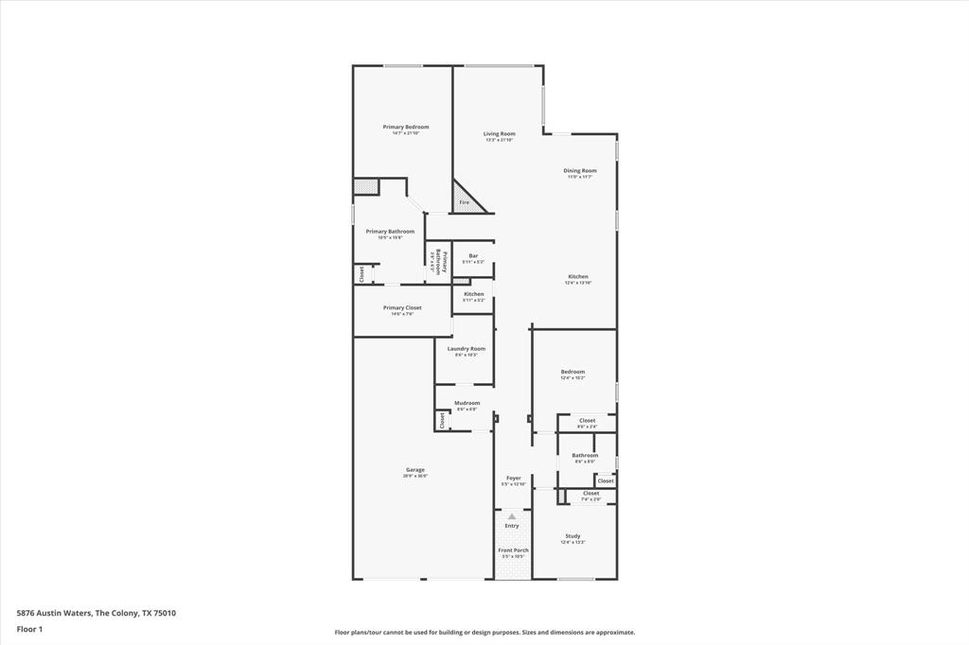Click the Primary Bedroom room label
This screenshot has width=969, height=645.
click(405, 127)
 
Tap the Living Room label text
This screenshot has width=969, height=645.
click(499, 134)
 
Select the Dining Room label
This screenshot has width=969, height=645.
click(580, 171)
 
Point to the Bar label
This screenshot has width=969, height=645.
click(473, 255)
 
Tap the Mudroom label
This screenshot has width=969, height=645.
click(467, 403)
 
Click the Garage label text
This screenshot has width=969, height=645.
click(415, 470)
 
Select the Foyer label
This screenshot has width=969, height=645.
click(513, 479)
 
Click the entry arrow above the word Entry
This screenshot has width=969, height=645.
click(512, 516)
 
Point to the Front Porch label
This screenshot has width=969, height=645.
click(513, 550)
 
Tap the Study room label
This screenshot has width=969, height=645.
click(573, 536)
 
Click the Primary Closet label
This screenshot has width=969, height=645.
click(402, 308)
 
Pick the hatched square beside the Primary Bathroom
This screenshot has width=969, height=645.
click(366, 186)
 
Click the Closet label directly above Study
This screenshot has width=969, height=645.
click(590, 493)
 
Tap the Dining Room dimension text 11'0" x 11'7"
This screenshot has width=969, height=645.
click(580, 177)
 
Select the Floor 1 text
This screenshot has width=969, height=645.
click(30, 629)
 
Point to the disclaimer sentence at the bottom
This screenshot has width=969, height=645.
click(484, 633)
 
